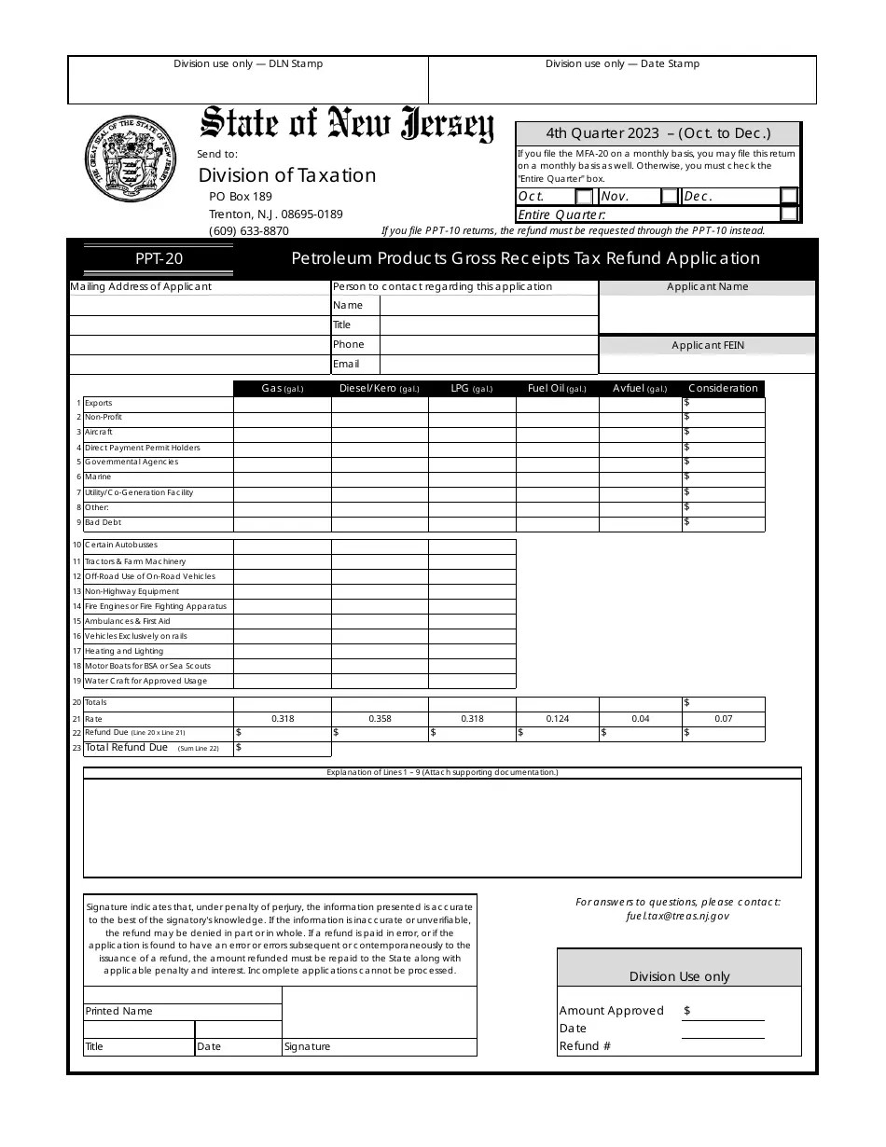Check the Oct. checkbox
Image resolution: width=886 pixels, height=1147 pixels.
coord(584,197)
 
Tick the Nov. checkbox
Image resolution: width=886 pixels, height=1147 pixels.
coord(670,197)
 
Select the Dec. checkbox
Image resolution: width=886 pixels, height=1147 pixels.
coord(789,196)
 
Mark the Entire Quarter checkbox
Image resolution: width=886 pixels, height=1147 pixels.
coord(789,214)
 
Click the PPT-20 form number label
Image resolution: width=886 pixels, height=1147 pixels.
coord(159,259)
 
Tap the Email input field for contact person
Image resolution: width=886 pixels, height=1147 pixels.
coord(488,365)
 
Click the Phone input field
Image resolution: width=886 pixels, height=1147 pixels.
coord(488,345)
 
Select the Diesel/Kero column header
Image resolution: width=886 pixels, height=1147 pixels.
coord(379,389)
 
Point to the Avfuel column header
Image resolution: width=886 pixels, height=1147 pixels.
coord(640,389)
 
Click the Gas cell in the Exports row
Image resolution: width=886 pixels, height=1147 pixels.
coord(282,404)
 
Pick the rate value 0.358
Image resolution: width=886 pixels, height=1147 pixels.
coord(380,719)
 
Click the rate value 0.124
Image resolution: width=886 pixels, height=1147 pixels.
coord(557,719)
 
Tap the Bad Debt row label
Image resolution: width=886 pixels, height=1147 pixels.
coord(104,523)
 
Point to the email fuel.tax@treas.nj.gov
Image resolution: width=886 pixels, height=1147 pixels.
coord(678,916)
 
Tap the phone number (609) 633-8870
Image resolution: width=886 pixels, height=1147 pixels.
coord(249,231)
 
